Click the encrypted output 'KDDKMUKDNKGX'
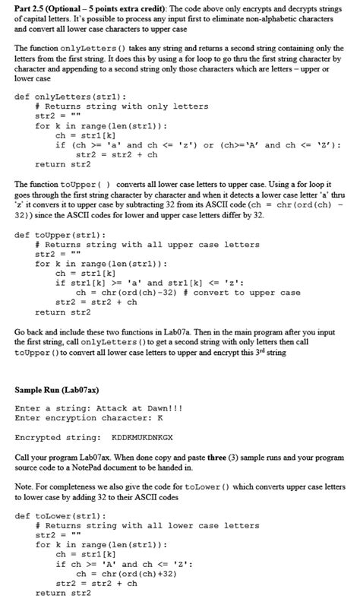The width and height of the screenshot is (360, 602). point(142,437)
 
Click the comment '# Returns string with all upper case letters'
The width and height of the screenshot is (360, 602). point(147,245)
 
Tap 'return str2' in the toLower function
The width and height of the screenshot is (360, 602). point(62,593)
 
